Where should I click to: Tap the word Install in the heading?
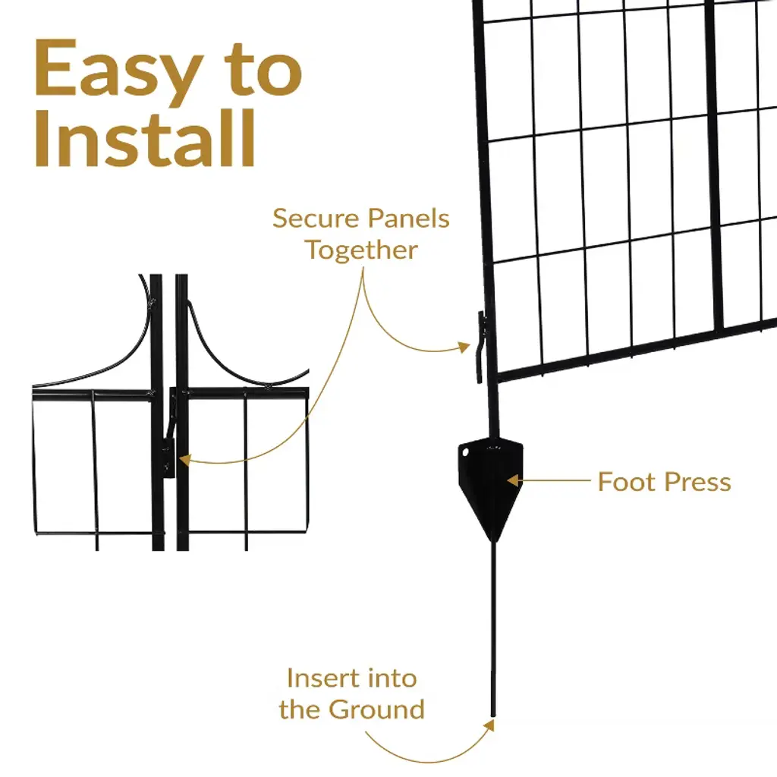coord(145,139)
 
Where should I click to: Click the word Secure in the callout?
coord(316,219)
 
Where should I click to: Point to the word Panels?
coord(408,219)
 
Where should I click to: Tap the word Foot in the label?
coord(626,482)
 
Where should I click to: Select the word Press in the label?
coord(698,482)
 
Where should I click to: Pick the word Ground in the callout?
coord(376,709)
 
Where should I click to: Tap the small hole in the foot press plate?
coord(465,451)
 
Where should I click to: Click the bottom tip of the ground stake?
coord(493,716)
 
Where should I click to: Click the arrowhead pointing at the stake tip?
coord(489,725)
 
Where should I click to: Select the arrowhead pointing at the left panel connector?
coord(185,460)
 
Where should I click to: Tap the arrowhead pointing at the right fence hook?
coord(464,346)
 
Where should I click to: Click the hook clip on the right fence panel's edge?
coord(480,347)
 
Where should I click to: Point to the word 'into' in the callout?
coord(392,678)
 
